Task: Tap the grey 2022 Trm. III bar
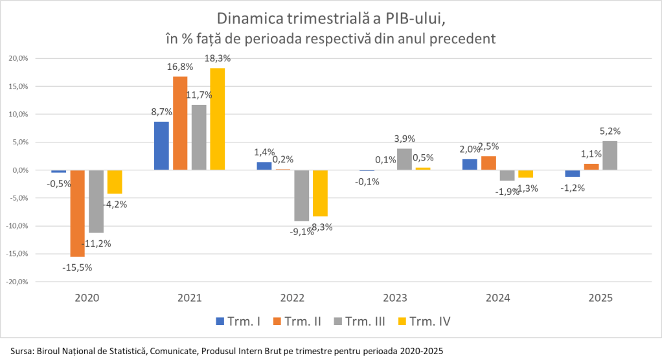[x=301, y=195]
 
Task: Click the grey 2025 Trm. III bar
[x=610, y=155]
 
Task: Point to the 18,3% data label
[x=217, y=58]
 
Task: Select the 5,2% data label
[x=610, y=131]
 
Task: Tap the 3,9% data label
[x=404, y=139]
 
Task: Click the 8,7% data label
[x=161, y=111]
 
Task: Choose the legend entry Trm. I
[x=238, y=321]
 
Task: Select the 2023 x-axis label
[x=394, y=298]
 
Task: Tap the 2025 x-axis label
[x=600, y=298]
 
